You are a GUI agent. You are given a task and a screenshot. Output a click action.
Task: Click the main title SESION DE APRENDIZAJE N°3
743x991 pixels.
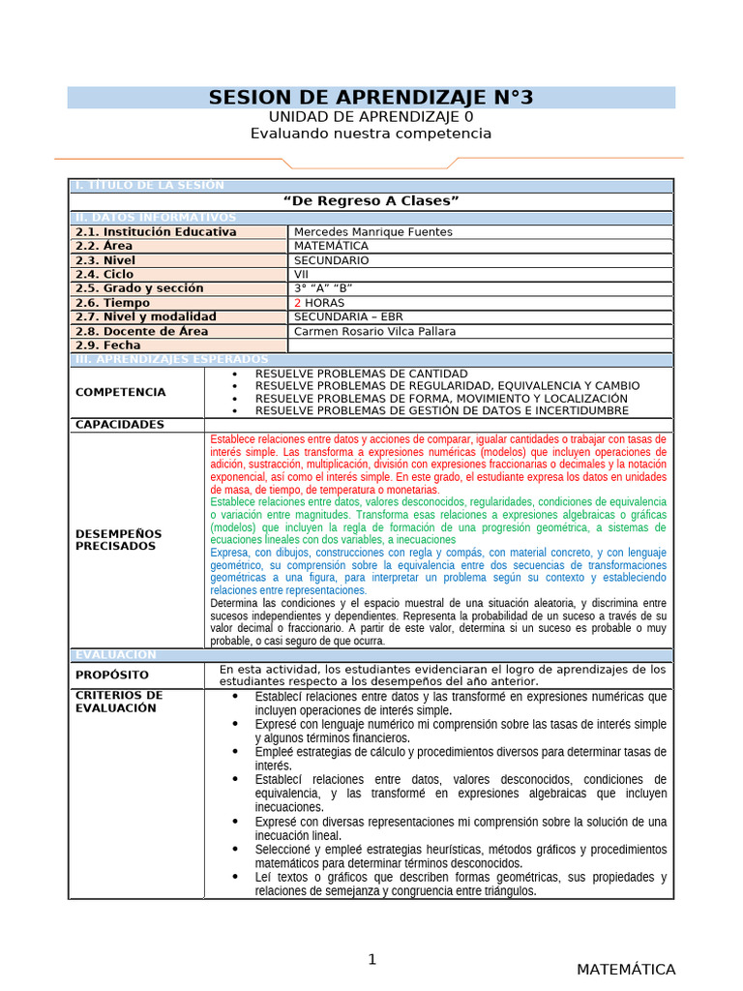point(371,98)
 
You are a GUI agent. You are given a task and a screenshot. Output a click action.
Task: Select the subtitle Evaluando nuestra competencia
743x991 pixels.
point(371,134)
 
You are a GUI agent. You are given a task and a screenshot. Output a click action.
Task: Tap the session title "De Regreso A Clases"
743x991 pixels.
point(371,200)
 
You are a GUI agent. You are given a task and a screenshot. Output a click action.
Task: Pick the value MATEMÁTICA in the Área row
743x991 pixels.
point(331,246)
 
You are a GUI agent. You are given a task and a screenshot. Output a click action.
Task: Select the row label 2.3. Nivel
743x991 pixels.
point(105,260)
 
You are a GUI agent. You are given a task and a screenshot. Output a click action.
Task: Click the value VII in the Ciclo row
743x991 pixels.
point(302,275)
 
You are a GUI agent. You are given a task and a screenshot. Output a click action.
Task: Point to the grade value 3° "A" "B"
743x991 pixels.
point(323,288)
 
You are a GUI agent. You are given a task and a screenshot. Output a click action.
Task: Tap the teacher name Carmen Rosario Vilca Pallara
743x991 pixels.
point(374,331)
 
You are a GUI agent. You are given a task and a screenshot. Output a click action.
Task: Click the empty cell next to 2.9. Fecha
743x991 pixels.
point(479,345)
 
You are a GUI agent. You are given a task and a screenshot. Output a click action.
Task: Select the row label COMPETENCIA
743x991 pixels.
point(120,392)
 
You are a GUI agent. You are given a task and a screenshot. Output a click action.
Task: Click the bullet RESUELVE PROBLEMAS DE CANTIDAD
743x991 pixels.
point(361,374)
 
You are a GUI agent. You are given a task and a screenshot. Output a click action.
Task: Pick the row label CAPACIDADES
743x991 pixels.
point(120,425)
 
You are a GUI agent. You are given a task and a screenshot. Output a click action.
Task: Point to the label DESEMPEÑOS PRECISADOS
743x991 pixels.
point(118,540)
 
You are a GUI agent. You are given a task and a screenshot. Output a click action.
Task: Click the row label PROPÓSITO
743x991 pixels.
point(112,675)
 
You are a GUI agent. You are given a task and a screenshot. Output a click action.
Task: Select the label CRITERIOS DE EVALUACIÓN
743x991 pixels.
point(119,702)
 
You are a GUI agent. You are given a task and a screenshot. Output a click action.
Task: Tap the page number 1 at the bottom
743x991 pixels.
point(371,960)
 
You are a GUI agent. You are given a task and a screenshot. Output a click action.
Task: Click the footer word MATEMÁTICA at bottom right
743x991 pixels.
point(626,970)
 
